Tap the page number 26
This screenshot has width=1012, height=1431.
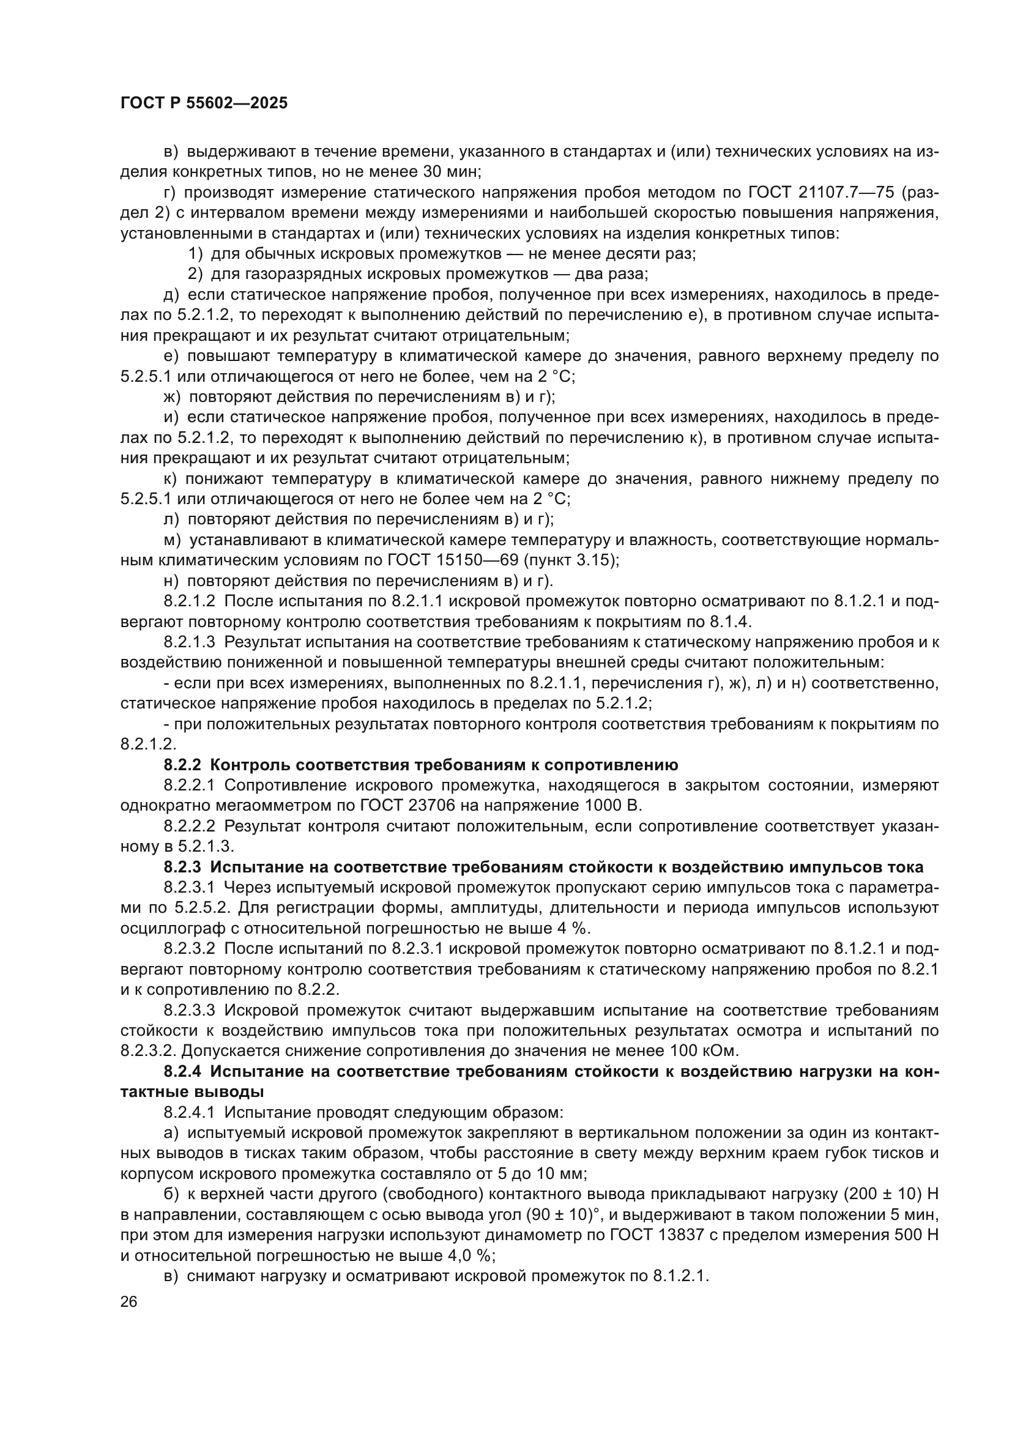point(128,1302)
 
